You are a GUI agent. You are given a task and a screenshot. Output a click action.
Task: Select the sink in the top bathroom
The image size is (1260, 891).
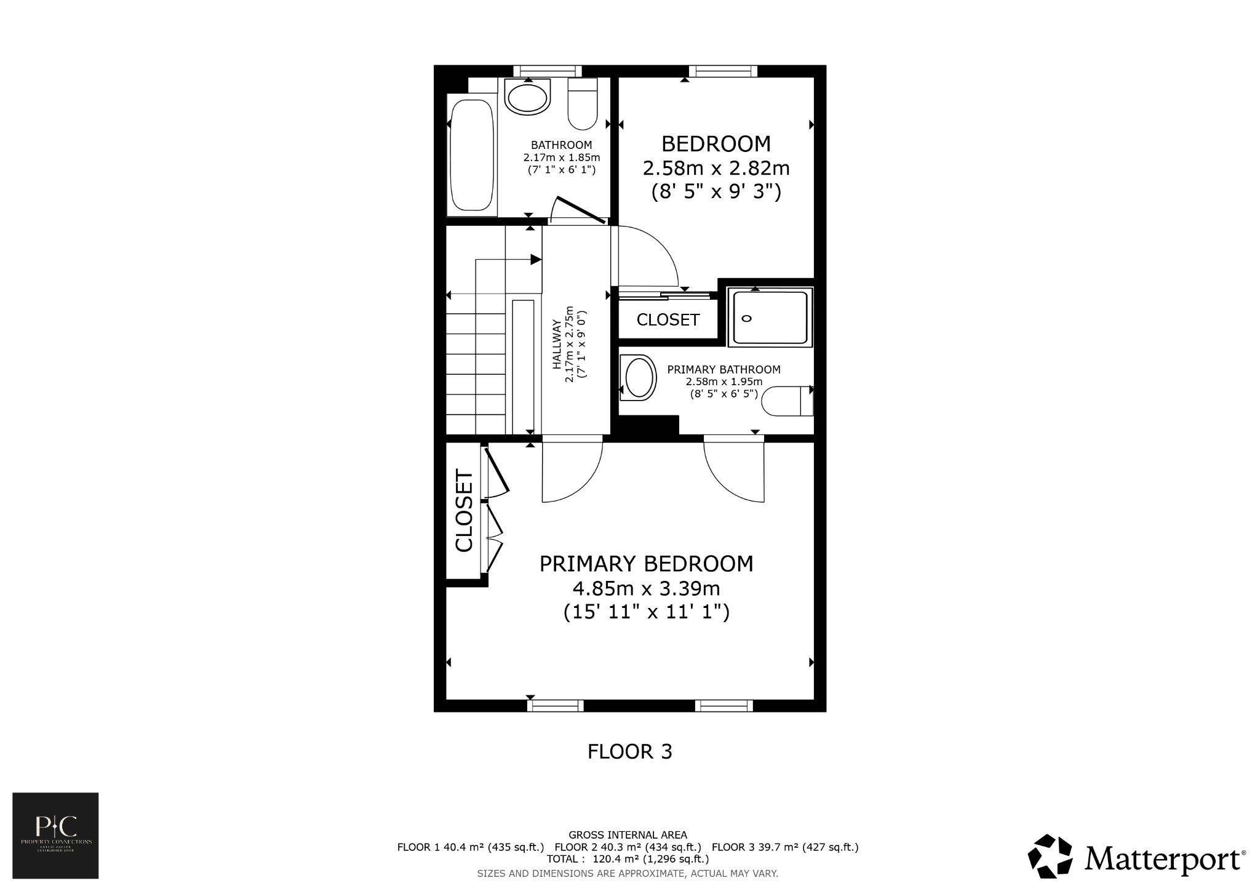(x=527, y=98)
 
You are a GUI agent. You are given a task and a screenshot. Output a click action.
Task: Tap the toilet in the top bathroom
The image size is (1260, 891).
(x=583, y=105)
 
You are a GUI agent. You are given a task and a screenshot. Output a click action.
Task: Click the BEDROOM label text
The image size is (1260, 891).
(x=716, y=144)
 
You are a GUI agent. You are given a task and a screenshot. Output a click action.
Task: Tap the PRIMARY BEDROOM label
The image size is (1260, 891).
(x=646, y=564)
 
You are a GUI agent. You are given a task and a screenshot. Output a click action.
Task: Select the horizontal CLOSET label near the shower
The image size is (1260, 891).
(x=668, y=320)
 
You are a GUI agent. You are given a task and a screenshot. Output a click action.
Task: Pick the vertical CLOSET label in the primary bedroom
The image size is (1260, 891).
(x=464, y=511)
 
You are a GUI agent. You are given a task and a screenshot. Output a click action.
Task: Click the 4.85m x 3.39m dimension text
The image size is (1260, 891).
(x=646, y=589)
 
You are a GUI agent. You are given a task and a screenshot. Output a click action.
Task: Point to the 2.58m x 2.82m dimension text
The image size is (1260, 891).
(x=716, y=168)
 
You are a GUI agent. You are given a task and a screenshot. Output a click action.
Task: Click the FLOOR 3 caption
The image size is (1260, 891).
(x=629, y=751)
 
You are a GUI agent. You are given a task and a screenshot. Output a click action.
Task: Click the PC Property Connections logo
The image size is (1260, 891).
(x=55, y=835)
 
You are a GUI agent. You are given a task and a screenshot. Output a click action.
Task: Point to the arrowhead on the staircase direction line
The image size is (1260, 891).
(x=536, y=260)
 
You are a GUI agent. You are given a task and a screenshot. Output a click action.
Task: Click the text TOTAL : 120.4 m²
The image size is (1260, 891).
(x=628, y=859)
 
